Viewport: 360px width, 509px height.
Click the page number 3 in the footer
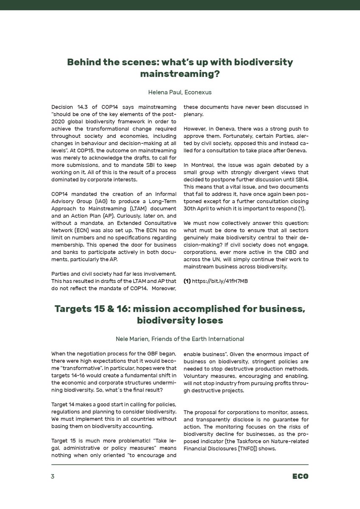tap(53, 476)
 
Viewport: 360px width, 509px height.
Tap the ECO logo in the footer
tap(300, 476)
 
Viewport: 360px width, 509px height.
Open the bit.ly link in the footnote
tap(220, 281)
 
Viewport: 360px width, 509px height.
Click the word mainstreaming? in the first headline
tap(180, 74)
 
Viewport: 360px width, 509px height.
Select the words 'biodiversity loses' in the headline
tap(180, 321)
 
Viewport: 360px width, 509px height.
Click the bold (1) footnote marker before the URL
tap(187, 281)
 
